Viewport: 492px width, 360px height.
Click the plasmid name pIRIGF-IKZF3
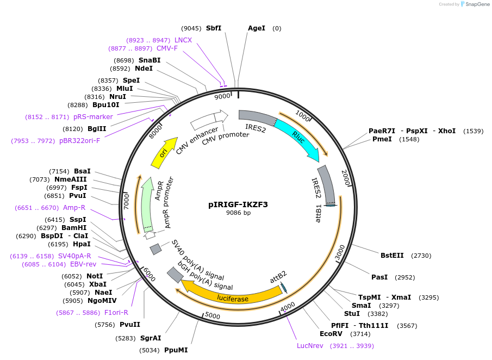[x=238, y=205]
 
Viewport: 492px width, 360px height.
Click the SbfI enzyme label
[x=214, y=28]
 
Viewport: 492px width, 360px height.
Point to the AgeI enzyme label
[x=257, y=28]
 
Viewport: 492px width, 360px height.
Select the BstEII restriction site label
[x=392, y=255]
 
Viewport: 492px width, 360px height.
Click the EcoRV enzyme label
[x=331, y=334]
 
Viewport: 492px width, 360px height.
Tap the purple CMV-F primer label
[x=167, y=48]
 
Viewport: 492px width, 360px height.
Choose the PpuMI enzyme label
[x=176, y=350]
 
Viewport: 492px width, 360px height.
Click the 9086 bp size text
[x=238, y=213]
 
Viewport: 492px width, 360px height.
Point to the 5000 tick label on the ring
[x=213, y=316]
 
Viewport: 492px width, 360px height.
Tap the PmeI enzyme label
[x=382, y=139]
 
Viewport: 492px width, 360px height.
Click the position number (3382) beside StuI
[x=377, y=314]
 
